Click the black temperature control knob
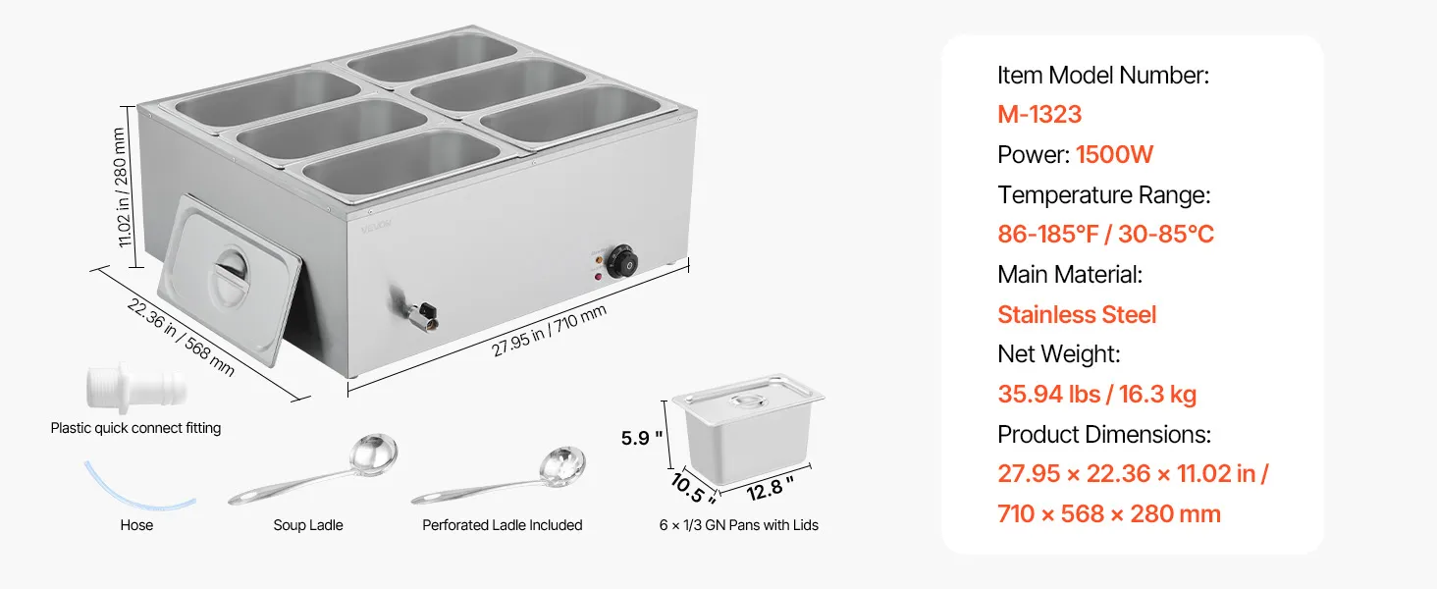tap(621, 262)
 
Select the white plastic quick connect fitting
tap(136, 388)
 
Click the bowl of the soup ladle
tap(373, 455)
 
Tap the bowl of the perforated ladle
tap(562, 466)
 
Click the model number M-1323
tap(1039, 114)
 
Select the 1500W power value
tap(1114, 155)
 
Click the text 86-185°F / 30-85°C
tap(1105, 235)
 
